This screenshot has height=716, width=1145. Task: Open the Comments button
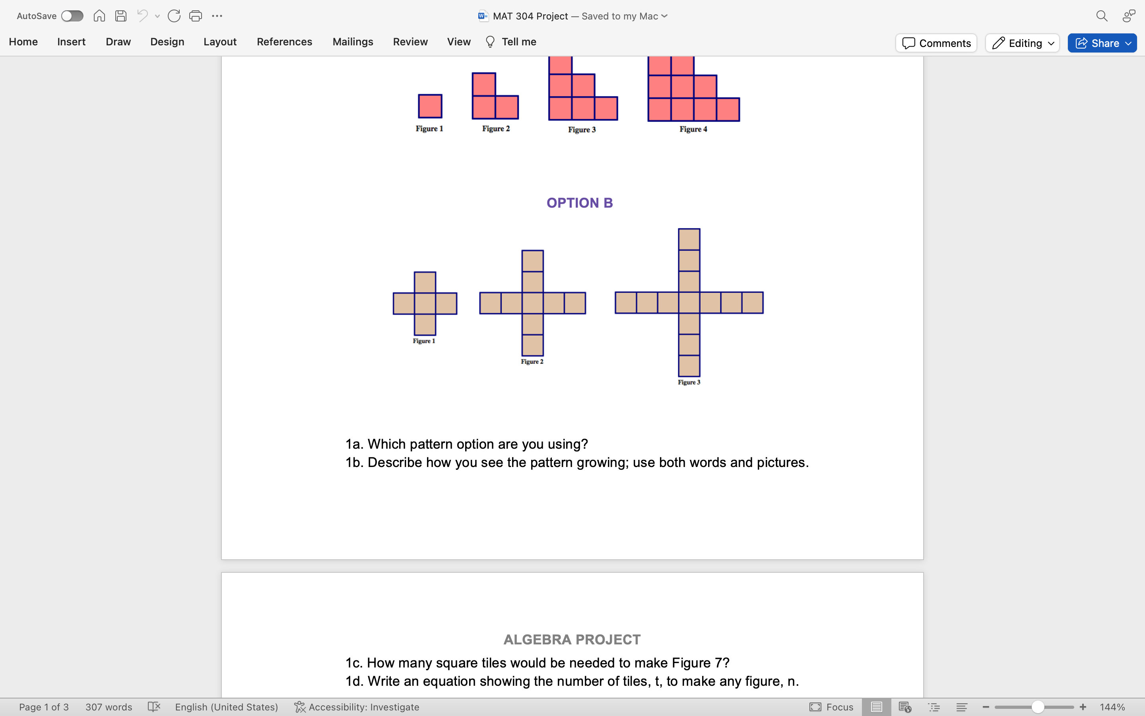(936, 43)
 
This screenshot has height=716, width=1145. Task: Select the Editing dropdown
(1022, 43)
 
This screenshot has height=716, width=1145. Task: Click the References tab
(284, 42)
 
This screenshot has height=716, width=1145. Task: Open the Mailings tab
(353, 42)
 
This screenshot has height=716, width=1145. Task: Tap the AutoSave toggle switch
(72, 16)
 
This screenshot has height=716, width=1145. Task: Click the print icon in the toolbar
(196, 16)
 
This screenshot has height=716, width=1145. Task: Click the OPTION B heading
(580, 203)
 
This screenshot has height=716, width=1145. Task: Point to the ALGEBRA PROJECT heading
(572, 639)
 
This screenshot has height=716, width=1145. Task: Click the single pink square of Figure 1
(430, 106)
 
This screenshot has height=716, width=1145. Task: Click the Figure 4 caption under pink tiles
(693, 129)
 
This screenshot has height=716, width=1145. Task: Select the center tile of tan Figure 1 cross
(425, 304)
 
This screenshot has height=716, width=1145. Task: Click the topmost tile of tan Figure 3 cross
(689, 239)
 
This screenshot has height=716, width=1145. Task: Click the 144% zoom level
(1112, 707)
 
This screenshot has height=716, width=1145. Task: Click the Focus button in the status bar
(831, 707)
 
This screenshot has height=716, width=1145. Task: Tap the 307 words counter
(109, 707)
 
